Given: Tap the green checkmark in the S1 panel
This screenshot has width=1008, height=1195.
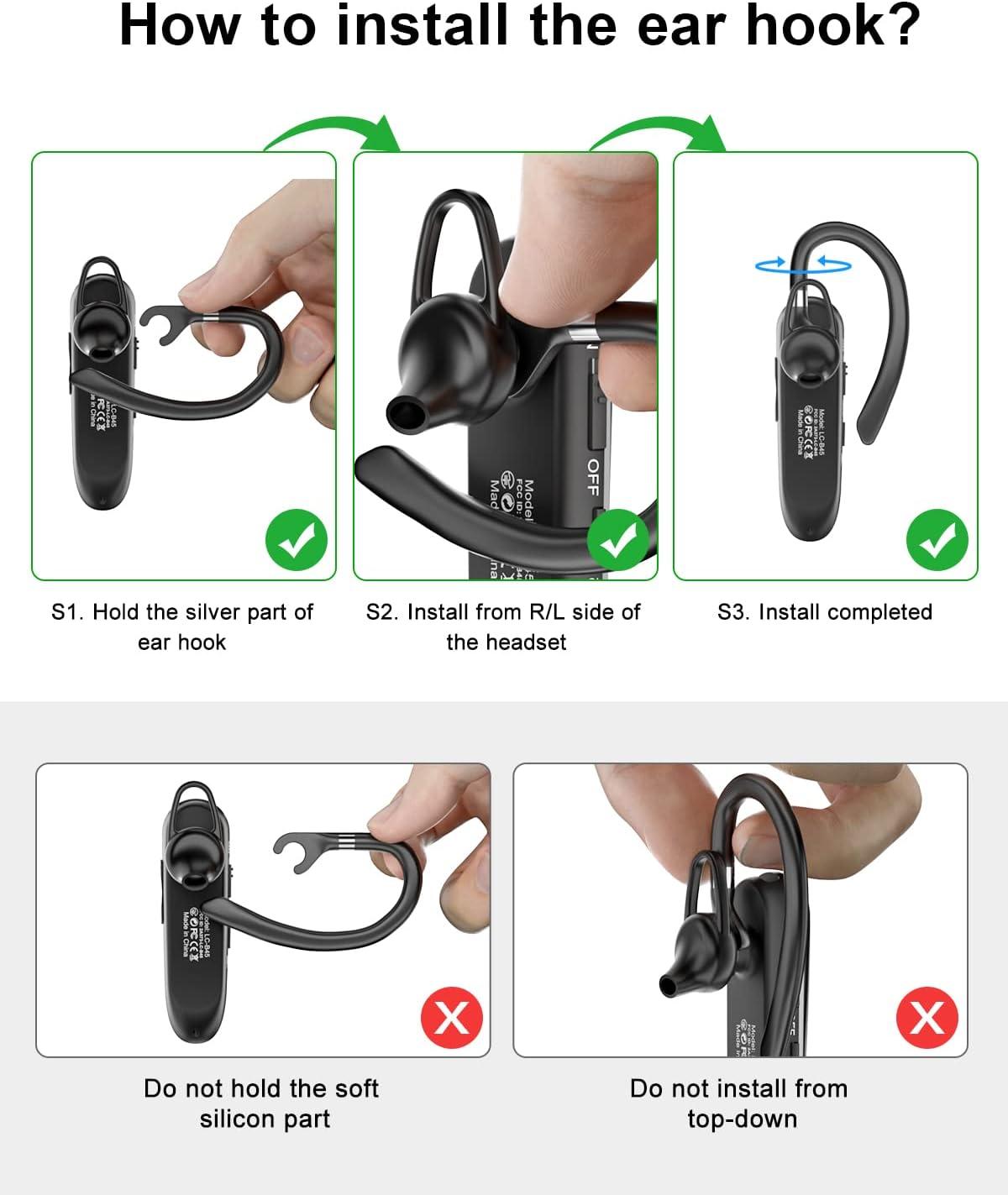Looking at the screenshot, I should click(297, 542).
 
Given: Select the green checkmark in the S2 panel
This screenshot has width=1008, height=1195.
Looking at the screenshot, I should click(617, 542).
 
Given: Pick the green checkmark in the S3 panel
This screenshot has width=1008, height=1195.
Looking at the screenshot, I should click(937, 542).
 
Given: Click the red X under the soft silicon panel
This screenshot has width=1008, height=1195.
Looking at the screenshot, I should click(451, 1018).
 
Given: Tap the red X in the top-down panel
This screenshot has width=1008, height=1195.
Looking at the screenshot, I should click(927, 1018).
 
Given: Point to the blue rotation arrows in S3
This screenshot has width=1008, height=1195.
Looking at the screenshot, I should click(803, 265).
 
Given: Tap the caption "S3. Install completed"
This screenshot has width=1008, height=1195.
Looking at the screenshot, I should click(824, 612).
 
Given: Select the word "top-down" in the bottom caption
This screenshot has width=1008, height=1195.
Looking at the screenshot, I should click(742, 1119).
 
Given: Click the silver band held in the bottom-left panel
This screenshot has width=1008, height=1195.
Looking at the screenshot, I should click(348, 842).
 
